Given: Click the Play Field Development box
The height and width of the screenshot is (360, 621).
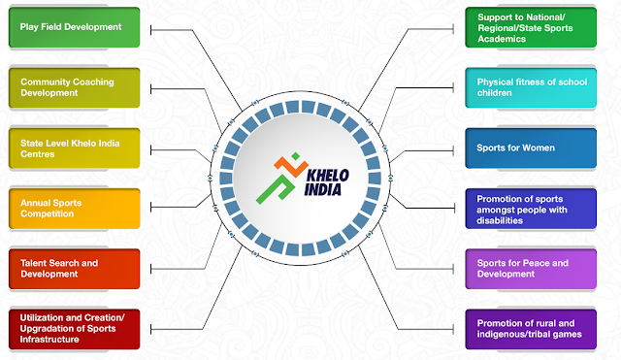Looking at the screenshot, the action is [75, 27].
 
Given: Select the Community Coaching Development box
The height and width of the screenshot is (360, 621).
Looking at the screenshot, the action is [75, 87].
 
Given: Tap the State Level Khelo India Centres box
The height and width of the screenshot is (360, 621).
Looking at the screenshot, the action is [75, 148].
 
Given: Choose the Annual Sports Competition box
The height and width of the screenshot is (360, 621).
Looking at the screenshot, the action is [75, 209].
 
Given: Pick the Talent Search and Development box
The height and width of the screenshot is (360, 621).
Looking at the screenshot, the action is [75, 269].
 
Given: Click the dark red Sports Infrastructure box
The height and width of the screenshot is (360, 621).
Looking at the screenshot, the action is [75, 329].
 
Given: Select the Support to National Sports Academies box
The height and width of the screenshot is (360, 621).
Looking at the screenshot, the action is [531, 27].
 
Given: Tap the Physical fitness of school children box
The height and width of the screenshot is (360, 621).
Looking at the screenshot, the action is [531, 87].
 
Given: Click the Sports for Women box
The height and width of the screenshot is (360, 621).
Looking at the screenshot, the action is [531, 148].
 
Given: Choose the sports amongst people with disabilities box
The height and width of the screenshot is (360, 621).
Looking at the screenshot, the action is [531, 209].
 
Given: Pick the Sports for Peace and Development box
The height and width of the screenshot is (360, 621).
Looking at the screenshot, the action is [531, 269].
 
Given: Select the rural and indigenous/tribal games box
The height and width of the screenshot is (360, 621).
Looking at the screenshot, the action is [531, 329].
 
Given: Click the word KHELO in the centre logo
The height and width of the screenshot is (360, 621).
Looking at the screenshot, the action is [328, 176].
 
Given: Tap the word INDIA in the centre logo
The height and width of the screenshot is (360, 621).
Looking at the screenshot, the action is [323, 189].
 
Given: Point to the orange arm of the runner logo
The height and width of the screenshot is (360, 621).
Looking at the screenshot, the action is [291, 167].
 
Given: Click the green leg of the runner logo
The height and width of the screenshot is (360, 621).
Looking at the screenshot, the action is [276, 189].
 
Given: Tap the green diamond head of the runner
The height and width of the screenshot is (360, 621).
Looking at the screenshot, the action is [295, 156].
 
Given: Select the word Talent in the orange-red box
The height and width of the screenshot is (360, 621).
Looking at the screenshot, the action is [33, 263].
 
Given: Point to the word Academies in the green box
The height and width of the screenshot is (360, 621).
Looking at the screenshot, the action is [502, 39].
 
